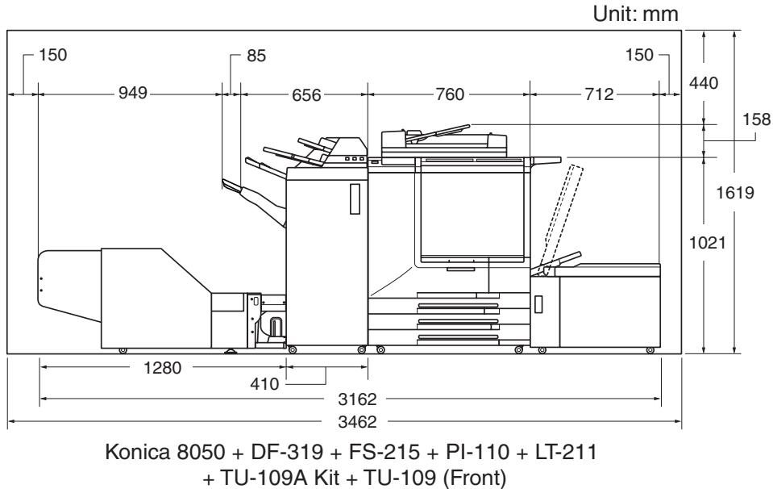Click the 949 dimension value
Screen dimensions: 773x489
click(133, 93)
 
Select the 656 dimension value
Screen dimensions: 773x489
click(306, 94)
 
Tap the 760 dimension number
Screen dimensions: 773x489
click(450, 94)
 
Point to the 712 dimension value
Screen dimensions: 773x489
click(599, 94)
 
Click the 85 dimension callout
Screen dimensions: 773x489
click(256, 56)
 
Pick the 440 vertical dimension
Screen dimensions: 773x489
click(704, 83)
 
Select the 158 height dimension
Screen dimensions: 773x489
click(757, 119)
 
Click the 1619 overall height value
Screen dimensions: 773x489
click(735, 192)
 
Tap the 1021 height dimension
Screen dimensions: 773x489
click(708, 242)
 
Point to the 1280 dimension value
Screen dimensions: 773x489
click(162, 368)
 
